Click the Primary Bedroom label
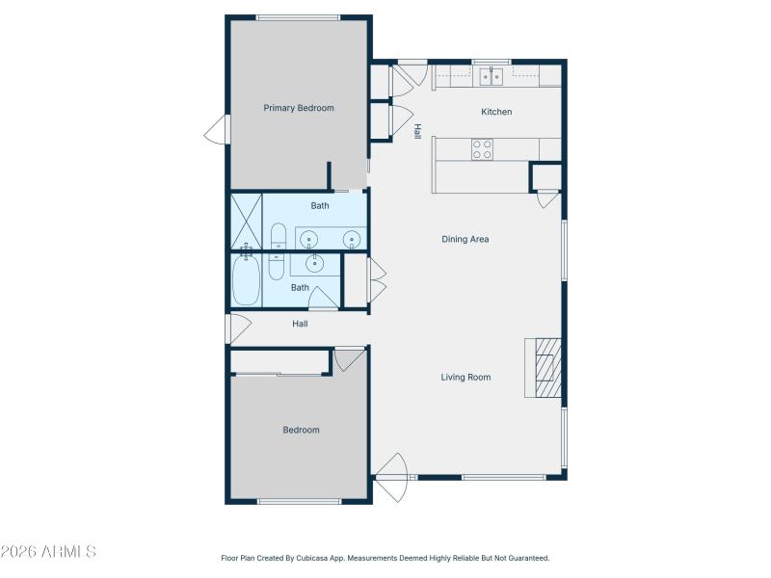click(299, 108)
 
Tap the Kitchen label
click(496, 112)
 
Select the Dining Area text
click(465, 239)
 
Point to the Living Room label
click(465, 378)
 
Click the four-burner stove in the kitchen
click(482, 149)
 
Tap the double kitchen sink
click(492, 77)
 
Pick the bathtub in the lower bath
click(246, 279)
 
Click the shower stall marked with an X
click(247, 222)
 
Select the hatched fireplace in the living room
click(547, 368)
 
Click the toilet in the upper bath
click(279, 236)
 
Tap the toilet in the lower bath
click(276, 267)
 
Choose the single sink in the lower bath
click(315, 264)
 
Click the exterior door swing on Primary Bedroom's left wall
click(217, 129)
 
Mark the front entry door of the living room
click(392, 477)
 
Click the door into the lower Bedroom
click(349, 359)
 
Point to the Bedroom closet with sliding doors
click(279, 362)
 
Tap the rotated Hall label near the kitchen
click(417, 131)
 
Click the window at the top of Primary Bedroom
click(298, 18)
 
